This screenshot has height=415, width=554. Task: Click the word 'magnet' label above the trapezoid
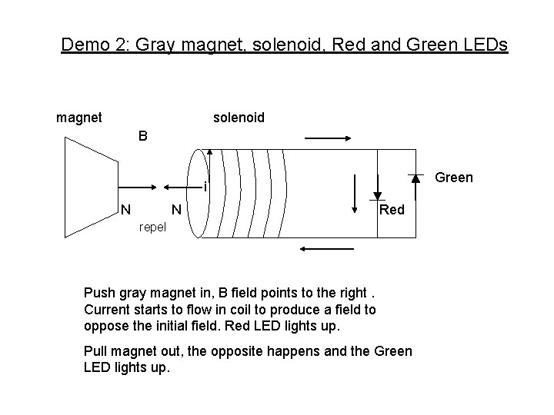click(x=78, y=118)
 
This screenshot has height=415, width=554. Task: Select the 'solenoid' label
click(x=239, y=118)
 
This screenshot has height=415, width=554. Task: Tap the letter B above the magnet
click(x=144, y=137)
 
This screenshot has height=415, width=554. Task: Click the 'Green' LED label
click(x=454, y=178)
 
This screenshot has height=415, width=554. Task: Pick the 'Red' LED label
click(x=392, y=210)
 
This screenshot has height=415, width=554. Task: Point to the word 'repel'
click(x=152, y=227)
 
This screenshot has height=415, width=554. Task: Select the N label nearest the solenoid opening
click(x=176, y=209)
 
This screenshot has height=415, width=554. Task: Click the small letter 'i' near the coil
click(x=205, y=187)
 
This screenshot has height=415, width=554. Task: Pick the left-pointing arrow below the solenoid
click(x=326, y=249)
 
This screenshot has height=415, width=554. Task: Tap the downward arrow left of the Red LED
click(x=355, y=193)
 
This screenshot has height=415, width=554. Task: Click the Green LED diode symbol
click(x=415, y=178)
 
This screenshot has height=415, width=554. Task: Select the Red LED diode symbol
click(x=379, y=194)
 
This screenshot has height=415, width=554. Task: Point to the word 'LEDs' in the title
click(x=486, y=45)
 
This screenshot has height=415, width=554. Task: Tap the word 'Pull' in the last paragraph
click(x=96, y=351)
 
